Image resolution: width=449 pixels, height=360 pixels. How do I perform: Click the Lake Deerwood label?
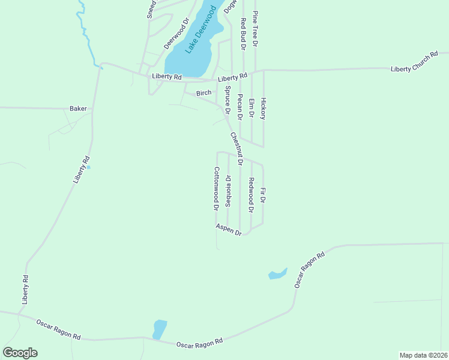coord(200,29)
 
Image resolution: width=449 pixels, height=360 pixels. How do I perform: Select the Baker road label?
coord(78,109)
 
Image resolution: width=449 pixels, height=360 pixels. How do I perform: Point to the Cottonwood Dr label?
coord(215,188)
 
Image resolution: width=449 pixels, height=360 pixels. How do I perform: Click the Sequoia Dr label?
coord(228,191)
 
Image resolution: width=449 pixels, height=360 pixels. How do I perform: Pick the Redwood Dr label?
coord(251,196)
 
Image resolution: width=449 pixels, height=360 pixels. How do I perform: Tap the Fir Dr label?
coord(263,196)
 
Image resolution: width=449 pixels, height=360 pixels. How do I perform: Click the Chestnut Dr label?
coord(236,149)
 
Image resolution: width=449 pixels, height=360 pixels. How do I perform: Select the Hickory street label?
coord(263,109)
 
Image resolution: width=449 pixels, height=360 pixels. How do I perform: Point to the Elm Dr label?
coord(252,107)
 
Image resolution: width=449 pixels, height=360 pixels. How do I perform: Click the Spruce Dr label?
coord(228,100)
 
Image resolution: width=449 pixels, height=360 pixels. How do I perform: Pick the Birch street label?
coord(203,93)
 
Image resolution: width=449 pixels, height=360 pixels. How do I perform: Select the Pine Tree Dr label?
coord(255,29)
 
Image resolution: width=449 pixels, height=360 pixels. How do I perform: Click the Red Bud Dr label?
coord(243,33)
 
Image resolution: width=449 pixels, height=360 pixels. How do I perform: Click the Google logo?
coord(20,353)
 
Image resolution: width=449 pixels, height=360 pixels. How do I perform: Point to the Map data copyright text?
coord(424,355)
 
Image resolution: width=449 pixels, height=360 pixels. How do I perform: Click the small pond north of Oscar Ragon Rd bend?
coord(277,274)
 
